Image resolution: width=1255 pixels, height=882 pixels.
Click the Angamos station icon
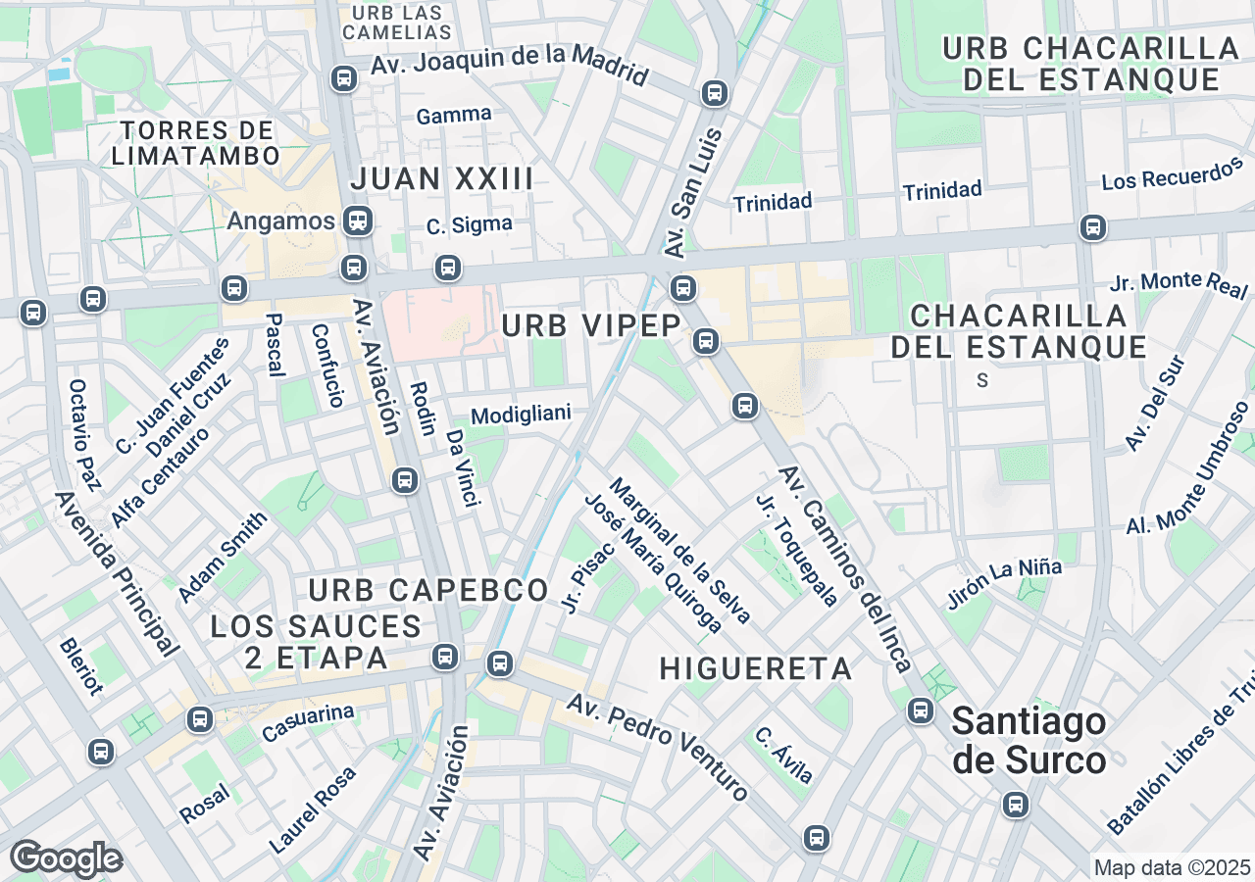pyautogui.click(x=358, y=221)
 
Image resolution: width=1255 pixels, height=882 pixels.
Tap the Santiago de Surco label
pyautogui.click(x=1029, y=741)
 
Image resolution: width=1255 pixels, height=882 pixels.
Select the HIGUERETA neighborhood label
pyautogui.click(x=755, y=668)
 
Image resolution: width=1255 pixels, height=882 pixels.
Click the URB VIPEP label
pyautogui.click(x=591, y=325)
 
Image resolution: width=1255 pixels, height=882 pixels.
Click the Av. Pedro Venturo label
pyautogui.click(x=658, y=747)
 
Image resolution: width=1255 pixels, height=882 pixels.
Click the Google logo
pyautogui.click(x=66, y=858)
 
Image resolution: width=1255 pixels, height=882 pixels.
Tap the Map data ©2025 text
pyautogui.click(x=1173, y=867)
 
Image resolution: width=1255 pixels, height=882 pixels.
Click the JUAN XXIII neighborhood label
pyautogui.click(x=441, y=179)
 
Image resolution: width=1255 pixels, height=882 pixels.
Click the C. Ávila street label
pyautogui.click(x=783, y=755)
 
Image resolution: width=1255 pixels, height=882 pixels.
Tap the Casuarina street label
pyautogui.click(x=307, y=723)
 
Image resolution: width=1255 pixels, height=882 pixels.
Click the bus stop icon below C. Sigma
pyautogui.click(x=448, y=267)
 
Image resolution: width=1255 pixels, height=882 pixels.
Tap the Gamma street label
pyautogui.click(x=454, y=115)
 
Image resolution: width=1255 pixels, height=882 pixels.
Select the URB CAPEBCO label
pyautogui.click(x=427, y=590)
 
